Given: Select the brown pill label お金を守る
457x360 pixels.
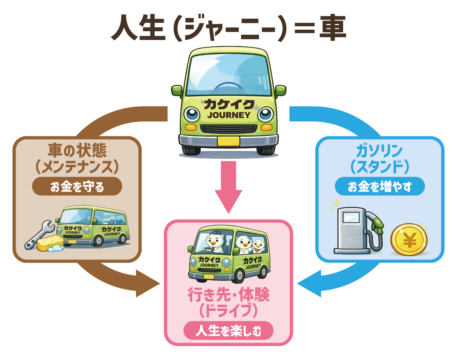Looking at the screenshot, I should pos(77,187).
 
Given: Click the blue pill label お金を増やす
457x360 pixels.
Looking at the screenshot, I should pos(380,187).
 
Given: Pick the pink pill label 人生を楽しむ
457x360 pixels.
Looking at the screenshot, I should pos(228,331).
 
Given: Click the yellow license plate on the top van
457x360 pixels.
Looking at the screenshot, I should pos(228,142).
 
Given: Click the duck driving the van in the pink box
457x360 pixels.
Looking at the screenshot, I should pos(213,241).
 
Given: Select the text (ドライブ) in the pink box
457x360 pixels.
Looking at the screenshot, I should pos(228,311).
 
